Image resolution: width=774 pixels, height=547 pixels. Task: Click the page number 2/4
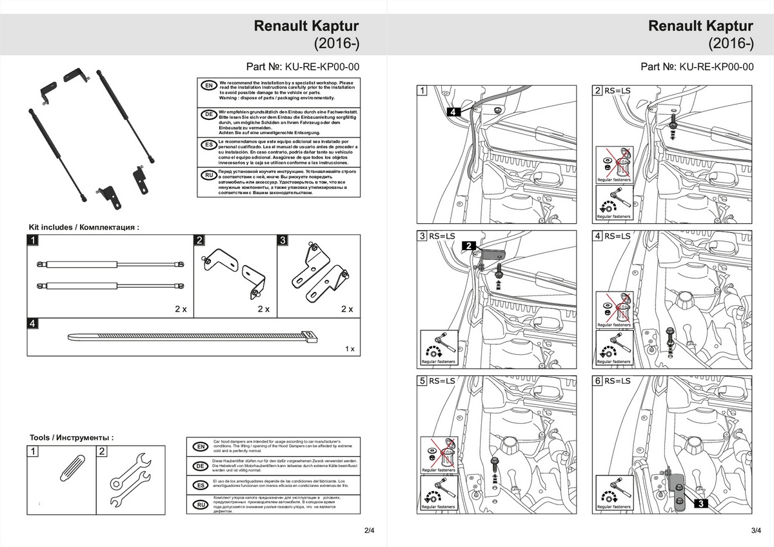[x=370, y=531]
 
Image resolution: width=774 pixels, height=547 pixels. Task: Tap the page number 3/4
[x=757, y=531]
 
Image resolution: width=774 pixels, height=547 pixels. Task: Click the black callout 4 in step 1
[x=453, y=112]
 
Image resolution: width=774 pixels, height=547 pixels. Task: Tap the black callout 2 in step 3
[x=469, y=245]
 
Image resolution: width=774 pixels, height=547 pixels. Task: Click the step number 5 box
[x=422, y=381]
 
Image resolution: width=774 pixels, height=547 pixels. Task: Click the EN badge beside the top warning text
[x=208, y=86]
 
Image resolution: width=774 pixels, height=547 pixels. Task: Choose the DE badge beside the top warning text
[x=208, y=114]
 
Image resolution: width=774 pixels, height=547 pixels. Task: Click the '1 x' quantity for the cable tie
[x=350, y=349]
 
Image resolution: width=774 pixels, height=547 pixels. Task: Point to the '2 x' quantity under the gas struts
[x=181, y=309]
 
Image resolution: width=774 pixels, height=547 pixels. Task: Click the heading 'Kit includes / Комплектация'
[x=84, y=227]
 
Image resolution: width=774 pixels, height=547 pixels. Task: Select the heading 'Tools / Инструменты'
[x=72, y=437]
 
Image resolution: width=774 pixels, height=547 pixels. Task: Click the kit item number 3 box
[x=282, y=241]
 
